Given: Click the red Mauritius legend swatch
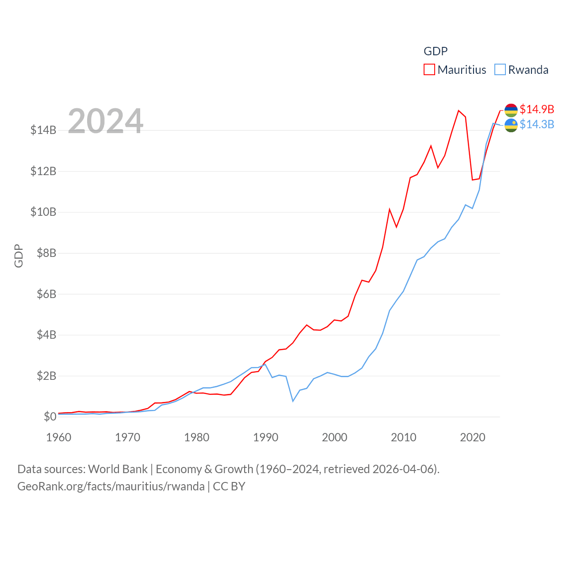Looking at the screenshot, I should click(429, 70).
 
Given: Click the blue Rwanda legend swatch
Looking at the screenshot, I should click(500, 70).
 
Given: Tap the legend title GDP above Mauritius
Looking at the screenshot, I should click(436, 51).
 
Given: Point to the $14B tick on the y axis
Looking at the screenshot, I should click(43, 130).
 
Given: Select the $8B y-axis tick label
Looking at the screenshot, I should click(43, 253).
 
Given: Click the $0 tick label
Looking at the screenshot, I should click(50, 417).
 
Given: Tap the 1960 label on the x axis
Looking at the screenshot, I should click(58, 437).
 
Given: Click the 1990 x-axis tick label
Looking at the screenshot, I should click(265, 437).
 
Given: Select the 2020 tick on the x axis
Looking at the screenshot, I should click(472, 437).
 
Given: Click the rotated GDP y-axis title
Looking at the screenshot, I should click(19, 256).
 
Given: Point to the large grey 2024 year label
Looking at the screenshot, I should click(105, 121).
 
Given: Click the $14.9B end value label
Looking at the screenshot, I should click(537, 109).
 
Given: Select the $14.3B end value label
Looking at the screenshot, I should click(537, 124).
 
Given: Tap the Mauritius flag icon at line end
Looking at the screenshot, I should click(511, 110).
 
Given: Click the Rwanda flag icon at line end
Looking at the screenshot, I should click(511, 125).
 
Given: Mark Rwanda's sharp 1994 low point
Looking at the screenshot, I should click(293, 401).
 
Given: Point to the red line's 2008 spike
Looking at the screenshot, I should click(390, 210).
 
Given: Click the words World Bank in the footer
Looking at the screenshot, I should click(118, 469).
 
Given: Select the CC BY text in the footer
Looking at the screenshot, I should click(229, 486).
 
